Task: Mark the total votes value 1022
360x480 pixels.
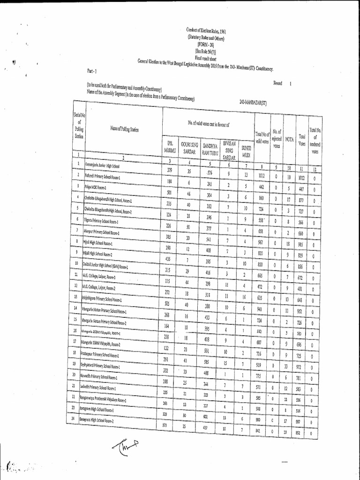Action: coord(302,178)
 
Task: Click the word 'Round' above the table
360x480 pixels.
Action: coord(278,83)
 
